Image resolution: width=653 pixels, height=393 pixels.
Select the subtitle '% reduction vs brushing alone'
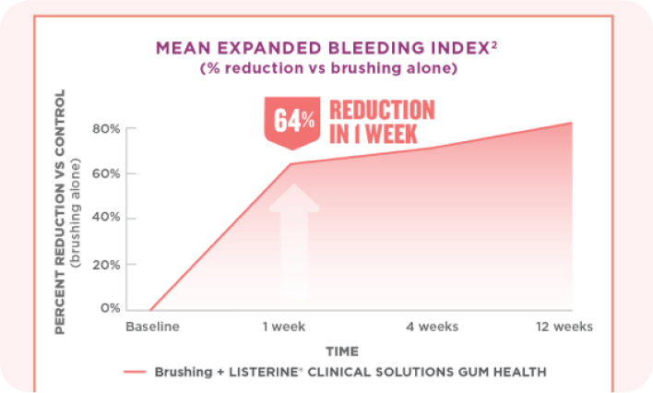click(328, 68)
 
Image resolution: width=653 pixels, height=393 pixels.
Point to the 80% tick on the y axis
click(107, 128)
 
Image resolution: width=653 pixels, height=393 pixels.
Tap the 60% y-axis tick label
click(107, 173)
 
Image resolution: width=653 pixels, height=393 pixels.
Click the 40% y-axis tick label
click(107, 219)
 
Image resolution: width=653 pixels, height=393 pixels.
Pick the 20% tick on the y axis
click(107, 264)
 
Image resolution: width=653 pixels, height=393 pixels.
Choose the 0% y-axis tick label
click(111, 308)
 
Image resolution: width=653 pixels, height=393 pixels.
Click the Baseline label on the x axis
click(152, 327)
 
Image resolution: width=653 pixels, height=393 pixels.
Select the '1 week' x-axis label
click(291, 327)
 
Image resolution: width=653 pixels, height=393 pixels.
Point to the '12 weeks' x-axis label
click(566, 327)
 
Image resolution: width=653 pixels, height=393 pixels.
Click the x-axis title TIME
click(341, 351)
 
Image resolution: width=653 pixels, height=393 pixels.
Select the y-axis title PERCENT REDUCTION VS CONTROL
click(60, 211)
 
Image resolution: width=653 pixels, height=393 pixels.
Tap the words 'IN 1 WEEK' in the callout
click(372, 135)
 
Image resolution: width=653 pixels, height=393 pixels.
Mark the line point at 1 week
click(291, 164)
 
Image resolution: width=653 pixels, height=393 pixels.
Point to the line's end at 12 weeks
click(572, 123)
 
